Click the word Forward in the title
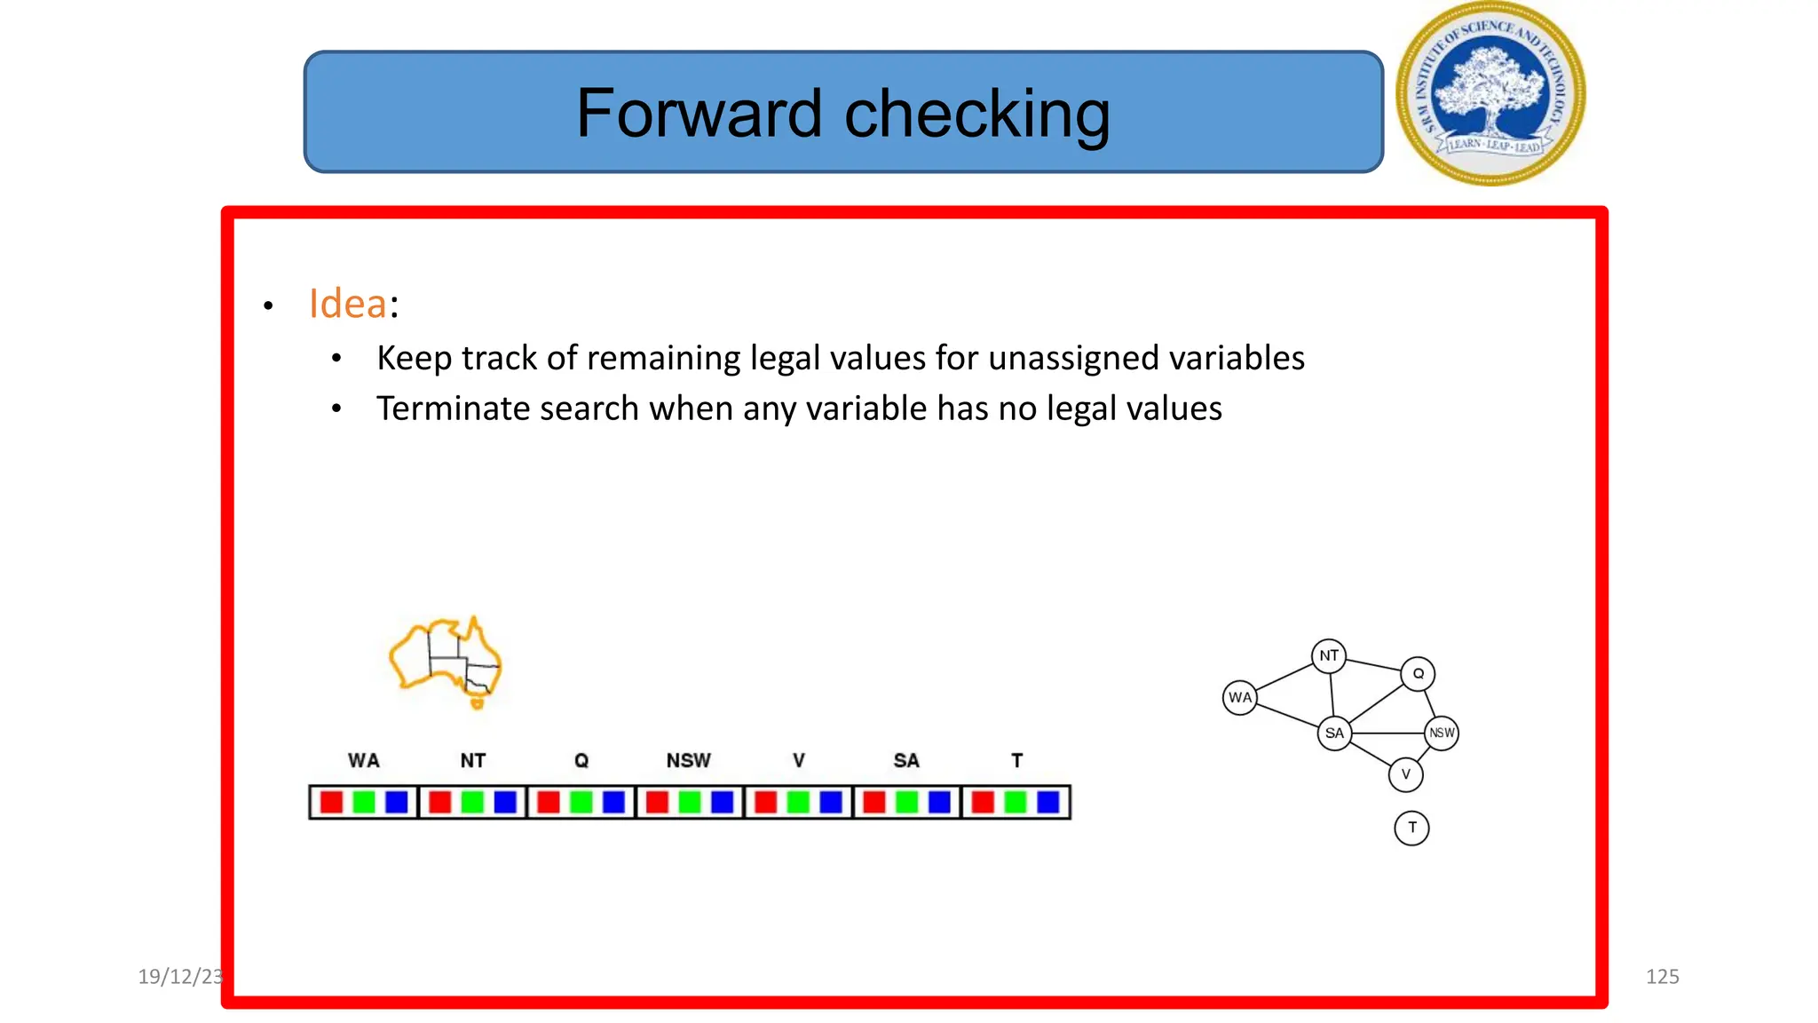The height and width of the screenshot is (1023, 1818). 699,114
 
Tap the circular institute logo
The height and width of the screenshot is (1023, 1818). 1490,93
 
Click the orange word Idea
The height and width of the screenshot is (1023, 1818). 347,304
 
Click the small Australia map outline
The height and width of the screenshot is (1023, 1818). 446,662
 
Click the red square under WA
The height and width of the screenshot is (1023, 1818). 331,802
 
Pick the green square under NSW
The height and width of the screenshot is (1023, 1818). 690,802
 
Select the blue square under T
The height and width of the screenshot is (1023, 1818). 1048,802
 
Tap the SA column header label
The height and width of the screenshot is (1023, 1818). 905,760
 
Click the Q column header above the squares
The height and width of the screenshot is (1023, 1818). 581,760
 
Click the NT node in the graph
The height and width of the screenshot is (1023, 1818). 1328,656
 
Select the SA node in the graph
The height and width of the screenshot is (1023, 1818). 1334,734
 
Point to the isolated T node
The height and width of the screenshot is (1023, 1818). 1411,828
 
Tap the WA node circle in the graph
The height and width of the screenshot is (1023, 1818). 1240,698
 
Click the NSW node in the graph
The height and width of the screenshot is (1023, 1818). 1442,734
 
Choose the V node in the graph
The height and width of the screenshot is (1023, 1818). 1405,774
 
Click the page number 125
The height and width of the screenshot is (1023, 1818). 1662,977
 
